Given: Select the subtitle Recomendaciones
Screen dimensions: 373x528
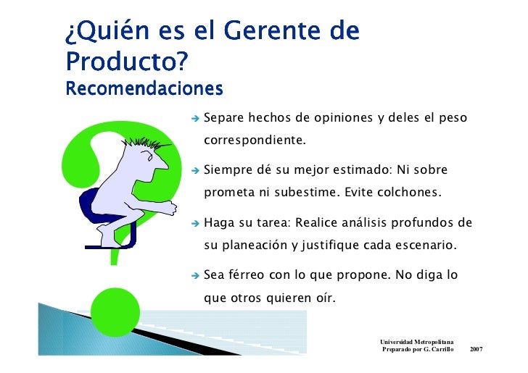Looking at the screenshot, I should [144, 89].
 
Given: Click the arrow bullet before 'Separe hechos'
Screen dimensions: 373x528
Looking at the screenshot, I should [195, 117].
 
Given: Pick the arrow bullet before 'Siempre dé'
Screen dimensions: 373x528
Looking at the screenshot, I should [195, 171].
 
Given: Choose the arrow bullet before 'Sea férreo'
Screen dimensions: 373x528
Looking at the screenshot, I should [195, 276].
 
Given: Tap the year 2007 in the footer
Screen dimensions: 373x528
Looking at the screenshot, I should [477, 349].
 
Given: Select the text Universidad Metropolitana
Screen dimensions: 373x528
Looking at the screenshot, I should [417, 340].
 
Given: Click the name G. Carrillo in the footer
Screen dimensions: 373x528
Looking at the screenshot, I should [436, 349].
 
